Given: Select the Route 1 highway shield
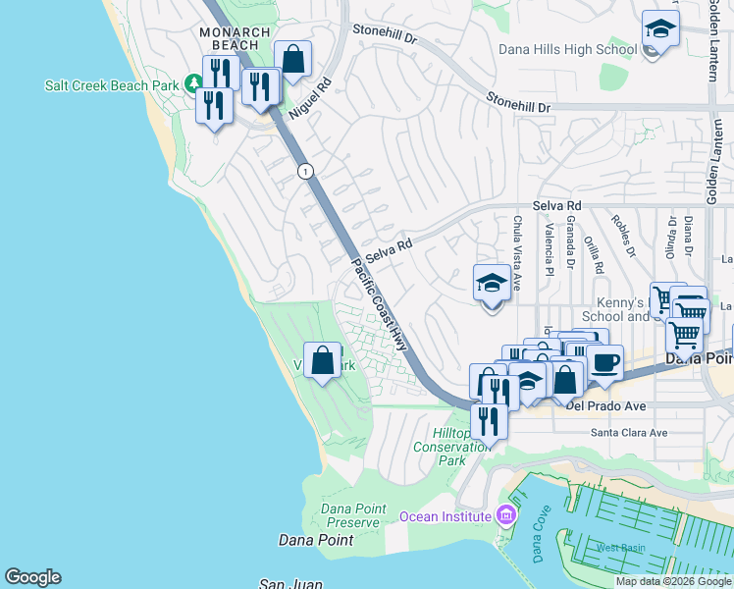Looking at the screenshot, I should [x=305, y=171].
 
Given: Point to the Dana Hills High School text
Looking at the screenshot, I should [x=567, y=50].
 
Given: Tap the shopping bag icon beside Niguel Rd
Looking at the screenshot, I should [x=292, y=60].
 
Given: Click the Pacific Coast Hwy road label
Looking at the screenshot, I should [x=378, y=305].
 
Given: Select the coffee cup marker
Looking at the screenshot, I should [x=604, y=363].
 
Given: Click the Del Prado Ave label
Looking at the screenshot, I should [x=605, y=405].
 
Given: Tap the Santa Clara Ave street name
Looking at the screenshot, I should [x=628, y=432].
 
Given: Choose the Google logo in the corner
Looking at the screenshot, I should [x=32, y=577].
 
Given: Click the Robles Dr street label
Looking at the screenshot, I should [x=622, y=238].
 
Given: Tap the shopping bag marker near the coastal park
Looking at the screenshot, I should [x=322, y=361].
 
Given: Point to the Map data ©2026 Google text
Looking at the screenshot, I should [x=672, y=581].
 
